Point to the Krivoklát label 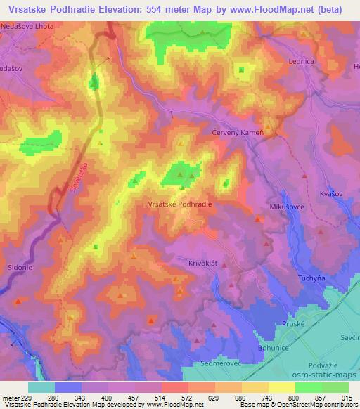click(186, 261)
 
